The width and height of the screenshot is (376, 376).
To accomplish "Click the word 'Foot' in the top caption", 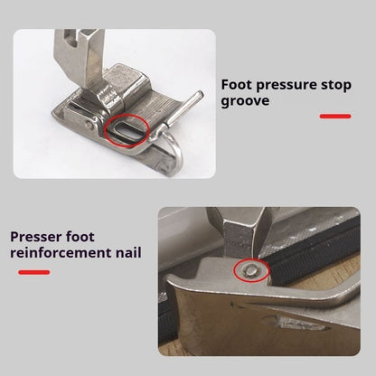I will tap(239, 87).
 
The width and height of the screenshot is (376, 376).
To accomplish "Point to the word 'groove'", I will tap(245, 102).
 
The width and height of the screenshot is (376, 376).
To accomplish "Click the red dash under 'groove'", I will tap(336, 117).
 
